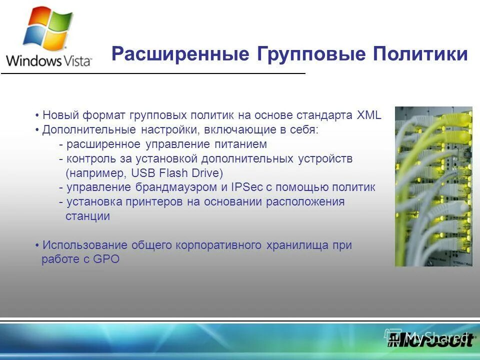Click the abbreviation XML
pyautogui.click(x=369, y=115)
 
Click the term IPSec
pyautogui.click(x=245, y=187)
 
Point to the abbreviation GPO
pyautogui.click(x=106, y=260)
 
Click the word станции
pyautogui.click(x=87, y=216)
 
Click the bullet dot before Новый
pyautogui.click(x=37, y=115)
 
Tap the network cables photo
pyautogui.click(x=433, y=186)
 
